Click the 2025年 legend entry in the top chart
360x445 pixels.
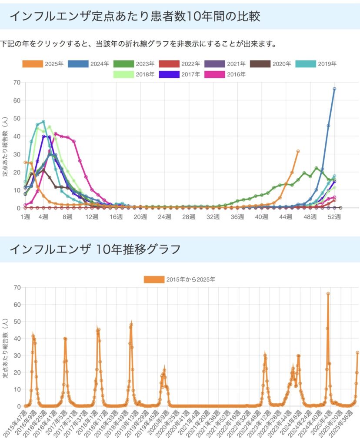43,64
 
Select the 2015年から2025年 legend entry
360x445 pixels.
180,279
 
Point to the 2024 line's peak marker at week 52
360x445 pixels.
334,89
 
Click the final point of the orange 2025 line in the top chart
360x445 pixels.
298,151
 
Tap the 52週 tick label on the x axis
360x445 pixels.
334,217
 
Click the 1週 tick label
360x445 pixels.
25,217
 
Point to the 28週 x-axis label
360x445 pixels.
189,217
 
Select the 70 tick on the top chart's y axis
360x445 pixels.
17,82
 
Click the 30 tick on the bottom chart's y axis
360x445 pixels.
17,355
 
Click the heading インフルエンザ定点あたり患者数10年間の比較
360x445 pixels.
135,17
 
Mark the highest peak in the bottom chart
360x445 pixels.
328,294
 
